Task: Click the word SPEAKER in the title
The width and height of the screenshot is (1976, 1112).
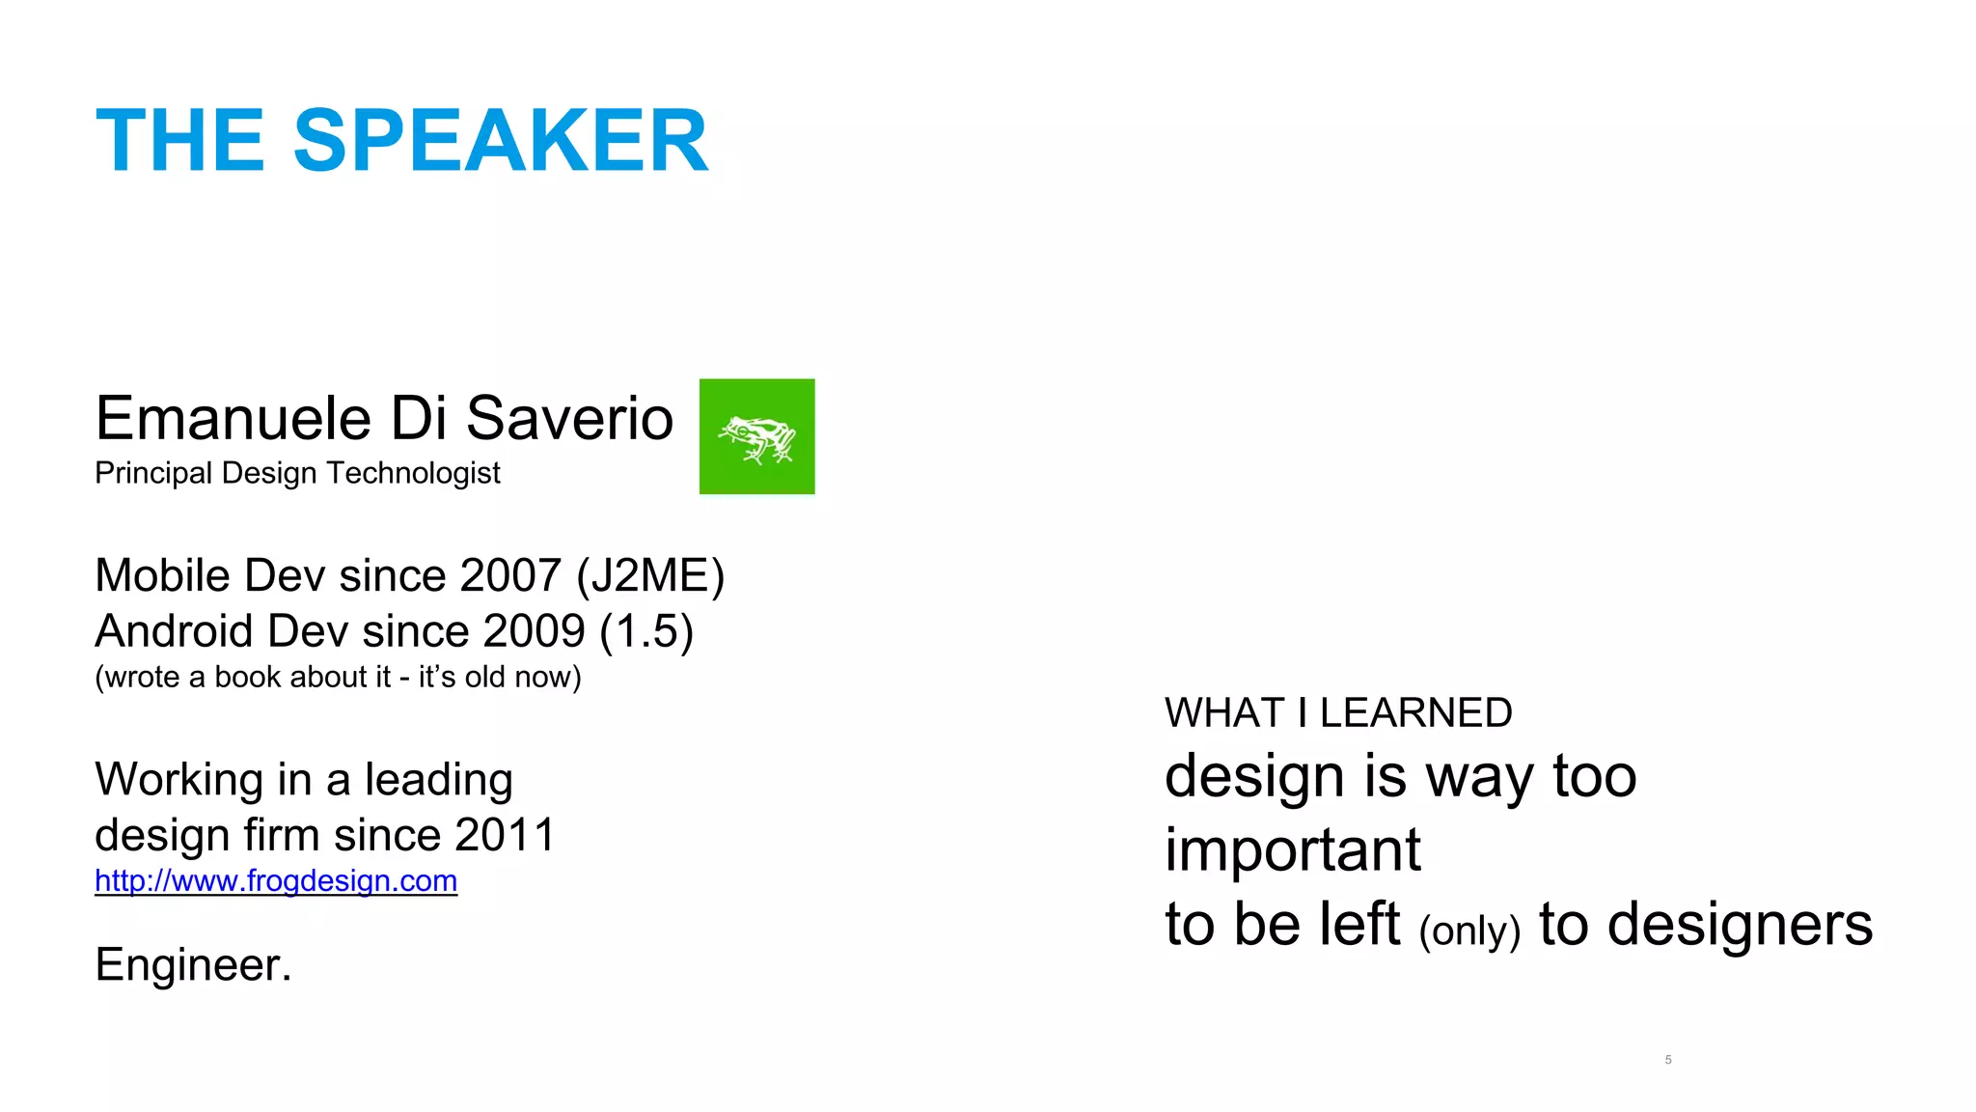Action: coord(501,141)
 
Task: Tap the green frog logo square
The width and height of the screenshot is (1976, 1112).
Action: coord(756,436)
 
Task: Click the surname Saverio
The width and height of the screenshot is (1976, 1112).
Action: coord(569,419)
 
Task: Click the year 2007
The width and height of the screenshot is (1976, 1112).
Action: coord(510,576)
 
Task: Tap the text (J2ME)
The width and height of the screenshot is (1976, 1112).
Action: coord(650,576)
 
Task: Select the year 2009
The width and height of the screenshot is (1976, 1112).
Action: coord(534,631)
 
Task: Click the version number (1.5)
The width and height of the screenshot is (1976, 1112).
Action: coord(645,631)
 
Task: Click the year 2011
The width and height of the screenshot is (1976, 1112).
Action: coord(505,835)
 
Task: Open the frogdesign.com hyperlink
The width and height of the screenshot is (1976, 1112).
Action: coord(276,880)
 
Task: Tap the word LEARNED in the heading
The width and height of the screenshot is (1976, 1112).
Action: coord(1415,713)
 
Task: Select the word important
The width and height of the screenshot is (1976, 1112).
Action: coord(1292,849)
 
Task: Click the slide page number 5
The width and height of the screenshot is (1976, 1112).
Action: coord(1668,1060)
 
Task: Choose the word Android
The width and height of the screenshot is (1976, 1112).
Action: coord(174,631)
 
